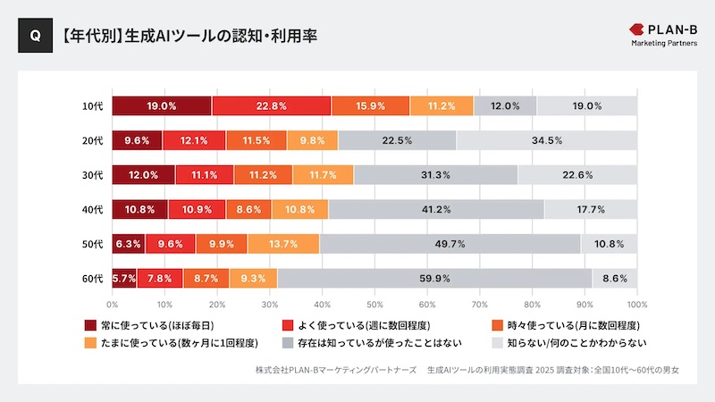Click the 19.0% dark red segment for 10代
coord(162,105)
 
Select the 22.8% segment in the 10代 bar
coord(272,105)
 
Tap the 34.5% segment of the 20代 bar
coord(546,140)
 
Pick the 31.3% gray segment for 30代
coord(435,175)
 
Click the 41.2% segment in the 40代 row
coord(436,209)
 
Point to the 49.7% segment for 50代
coord(450,244)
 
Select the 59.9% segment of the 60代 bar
coord(434,279)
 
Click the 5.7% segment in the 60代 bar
coord(124,279)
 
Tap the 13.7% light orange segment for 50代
coord(283,244)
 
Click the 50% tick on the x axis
coord(374,304)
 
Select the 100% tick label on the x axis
coord(635,304)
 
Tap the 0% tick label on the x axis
coord(113,304)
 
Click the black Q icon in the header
coord(35,37)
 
